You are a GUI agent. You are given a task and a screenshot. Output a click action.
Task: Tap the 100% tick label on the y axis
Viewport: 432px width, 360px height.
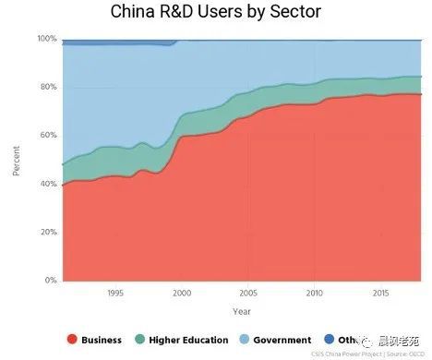47,39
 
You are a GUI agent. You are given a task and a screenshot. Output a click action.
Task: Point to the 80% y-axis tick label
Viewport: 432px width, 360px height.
49,87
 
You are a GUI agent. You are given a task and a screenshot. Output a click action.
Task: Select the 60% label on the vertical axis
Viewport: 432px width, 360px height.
49,135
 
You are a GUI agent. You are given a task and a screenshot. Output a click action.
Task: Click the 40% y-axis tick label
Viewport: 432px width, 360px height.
49,184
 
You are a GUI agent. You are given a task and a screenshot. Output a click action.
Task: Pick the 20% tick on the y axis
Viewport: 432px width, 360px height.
49,232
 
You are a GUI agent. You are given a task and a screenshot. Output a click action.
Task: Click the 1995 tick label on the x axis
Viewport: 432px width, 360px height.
114,293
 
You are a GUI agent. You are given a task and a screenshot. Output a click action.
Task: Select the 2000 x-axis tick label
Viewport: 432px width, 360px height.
182,293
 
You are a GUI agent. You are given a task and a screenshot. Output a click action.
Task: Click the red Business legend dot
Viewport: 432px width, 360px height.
72,340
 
